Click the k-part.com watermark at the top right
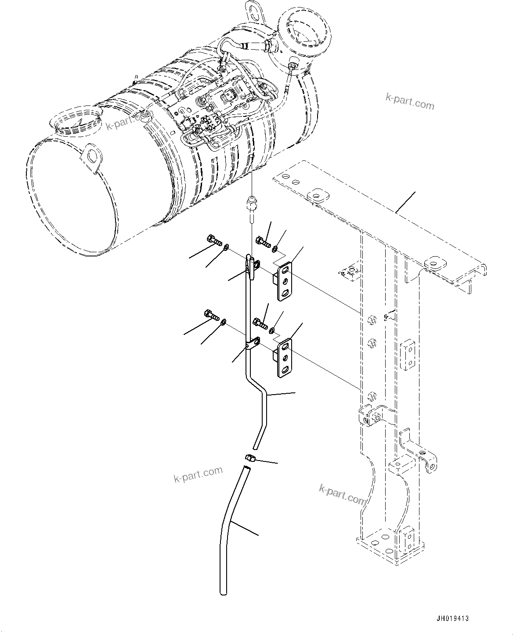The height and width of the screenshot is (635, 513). pos(410,102)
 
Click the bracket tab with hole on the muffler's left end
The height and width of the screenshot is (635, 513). pos(92,156)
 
